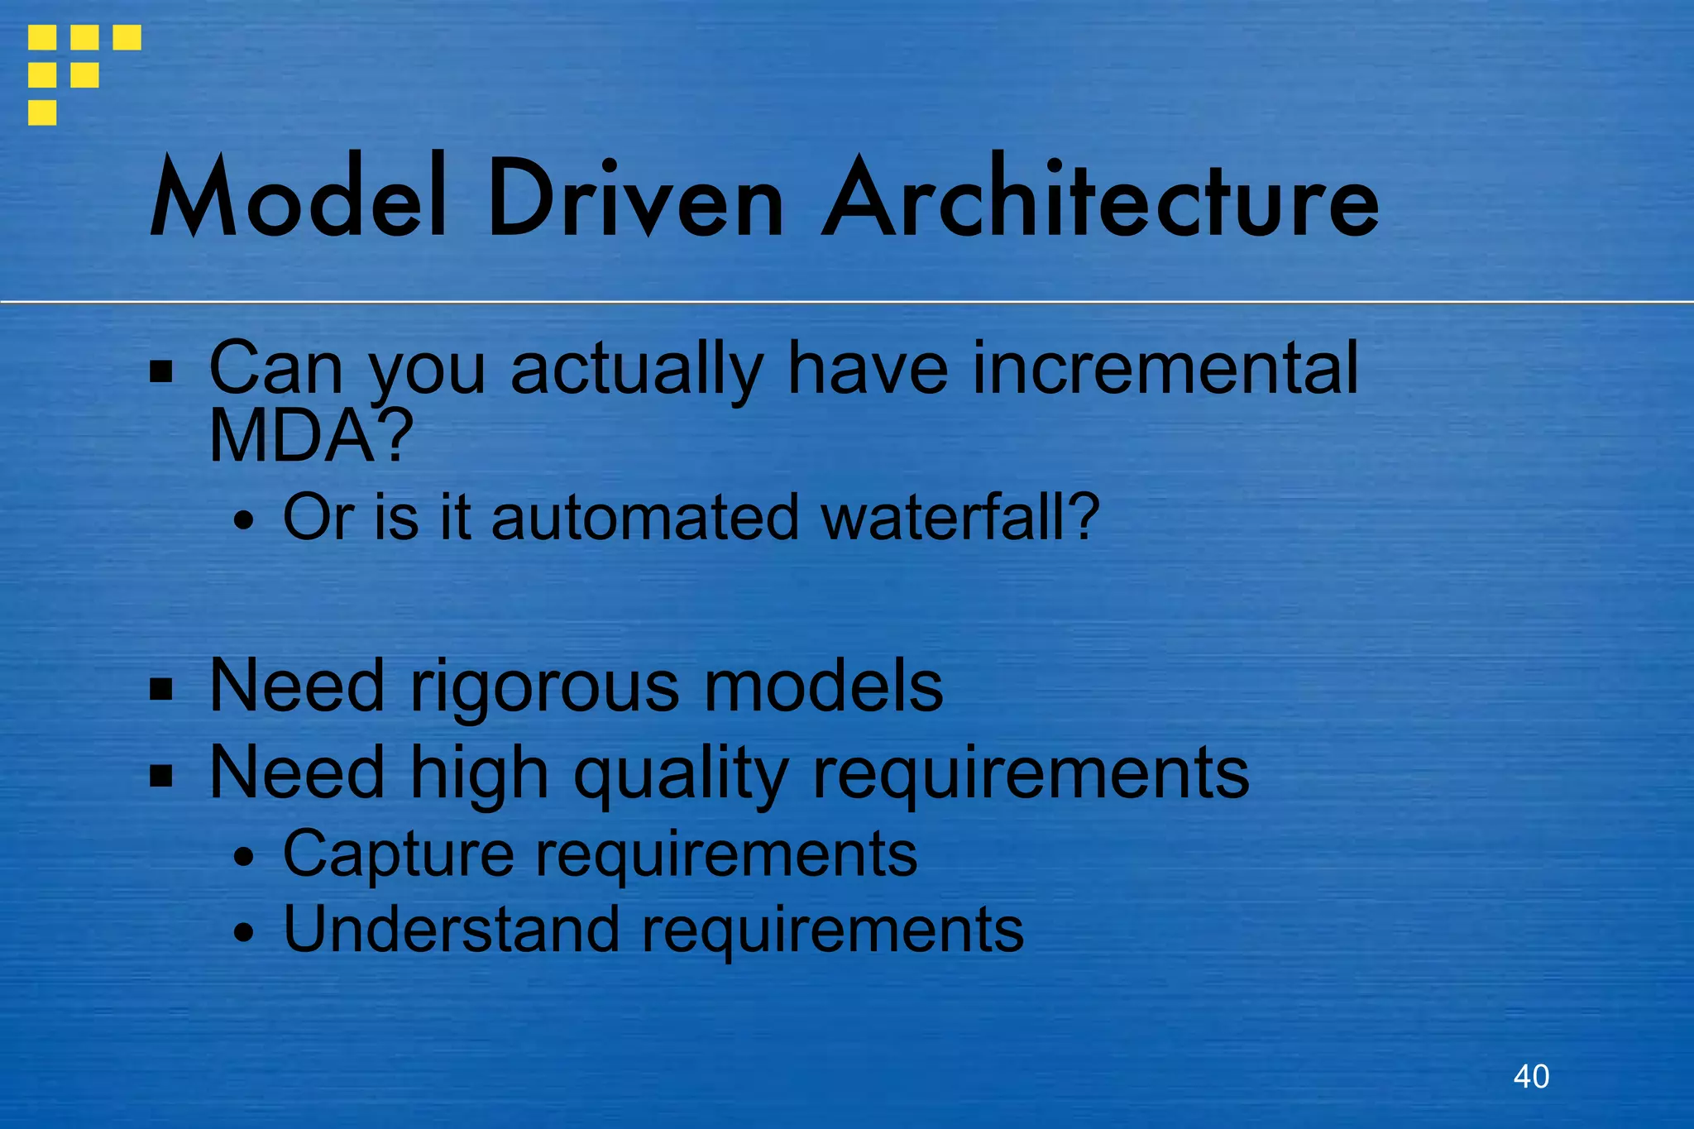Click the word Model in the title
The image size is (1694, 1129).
pyautogui.click(x=299, y=199)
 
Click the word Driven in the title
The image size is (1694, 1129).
pyautogui.click(x=634, y=199)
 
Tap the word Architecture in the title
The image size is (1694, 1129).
pyautogui.click(x=1100, y=199)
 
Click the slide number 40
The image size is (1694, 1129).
pyautogui.click(x=1531, y=1076)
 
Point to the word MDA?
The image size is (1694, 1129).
pyautogui.click(x=310, y=436)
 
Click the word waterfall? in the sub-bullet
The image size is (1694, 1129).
pyautogui.click(x=960, y=518)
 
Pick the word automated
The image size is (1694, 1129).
pyautogui.click(x=645, y=518)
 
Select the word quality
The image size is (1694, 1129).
pyautogui.click(x=681, y=773)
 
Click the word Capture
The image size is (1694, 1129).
pyautogui.click(x=399, y=854)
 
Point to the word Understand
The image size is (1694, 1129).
pyautogui.click(x=451, y=929)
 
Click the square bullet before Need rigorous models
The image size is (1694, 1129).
pyautogui.click(x=161, y=689)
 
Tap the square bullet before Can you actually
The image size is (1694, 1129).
pyautogui.click(x=161, y=372)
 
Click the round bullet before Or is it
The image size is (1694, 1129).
pyautogui.click(x=243, y=522)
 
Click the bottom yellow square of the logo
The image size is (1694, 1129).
pyautogui.click(x=42, y=112)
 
